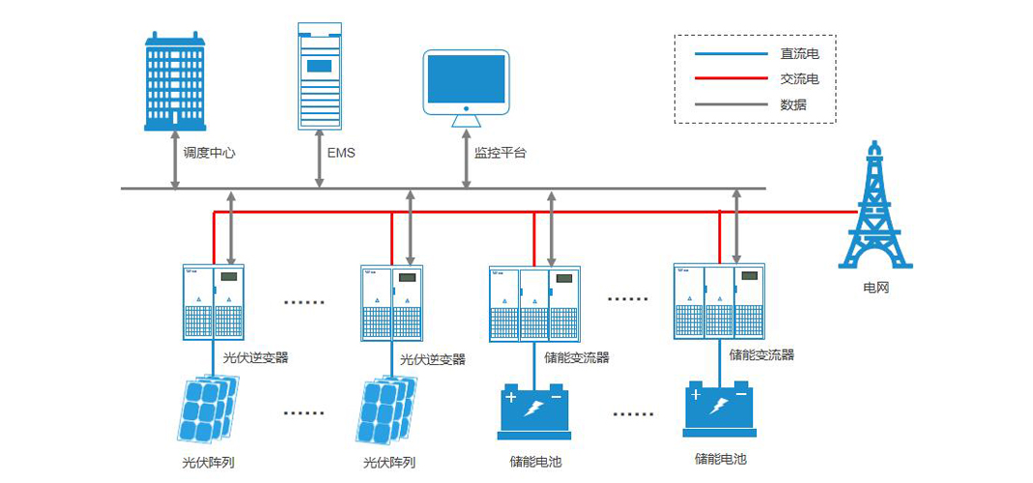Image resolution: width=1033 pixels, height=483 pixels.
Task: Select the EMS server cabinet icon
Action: [x=320, y=75]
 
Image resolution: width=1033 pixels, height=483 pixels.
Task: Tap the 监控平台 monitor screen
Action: [x=466, y=80]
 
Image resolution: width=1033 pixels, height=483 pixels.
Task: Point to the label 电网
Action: [x=875, y=288]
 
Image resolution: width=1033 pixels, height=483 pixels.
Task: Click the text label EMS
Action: [x=341, y=153]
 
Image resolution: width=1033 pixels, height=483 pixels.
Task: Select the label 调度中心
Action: [x=210, y=153]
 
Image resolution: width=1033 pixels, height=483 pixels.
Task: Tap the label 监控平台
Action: [x=500, y=153]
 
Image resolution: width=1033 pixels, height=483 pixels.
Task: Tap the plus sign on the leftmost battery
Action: [x=511, y=397]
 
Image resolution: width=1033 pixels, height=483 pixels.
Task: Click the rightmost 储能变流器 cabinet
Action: [x=719, y=301]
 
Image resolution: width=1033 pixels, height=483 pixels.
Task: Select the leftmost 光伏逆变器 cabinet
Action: [x=214, y=301]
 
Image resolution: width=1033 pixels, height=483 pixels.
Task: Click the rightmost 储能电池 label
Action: [x=720, y=460]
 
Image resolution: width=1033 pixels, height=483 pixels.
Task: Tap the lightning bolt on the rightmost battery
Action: [x=720, y=408]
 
